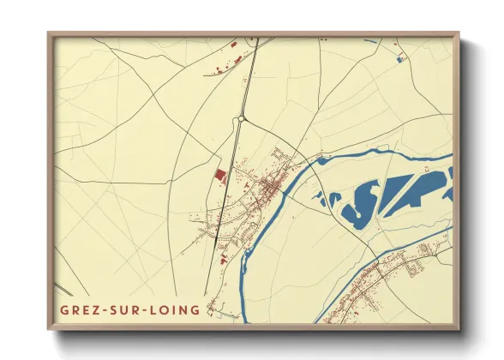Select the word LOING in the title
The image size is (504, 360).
[177, 309]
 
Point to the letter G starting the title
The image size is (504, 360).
[64, 309]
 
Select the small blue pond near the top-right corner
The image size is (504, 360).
[400, 59]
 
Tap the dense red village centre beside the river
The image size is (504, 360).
[267, 185]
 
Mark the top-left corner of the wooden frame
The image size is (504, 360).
[49, 34]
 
